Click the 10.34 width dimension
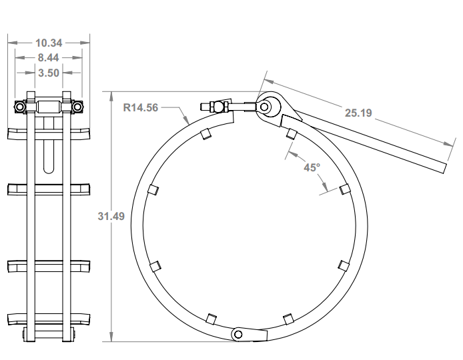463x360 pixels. click(x=49, y=43)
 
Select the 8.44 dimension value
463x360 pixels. click(x=49, y=57)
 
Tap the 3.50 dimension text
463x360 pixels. click(x=49, y=71)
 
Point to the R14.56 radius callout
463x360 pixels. click(x=141, y=107)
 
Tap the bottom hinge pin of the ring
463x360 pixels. click(x=240, y=333)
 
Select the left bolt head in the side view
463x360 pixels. click(x=21, y=107)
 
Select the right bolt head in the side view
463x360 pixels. click(x=77, y=107)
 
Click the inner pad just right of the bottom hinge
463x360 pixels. click(x=288, y=318)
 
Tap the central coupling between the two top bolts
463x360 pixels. click(x=49, y=107)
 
